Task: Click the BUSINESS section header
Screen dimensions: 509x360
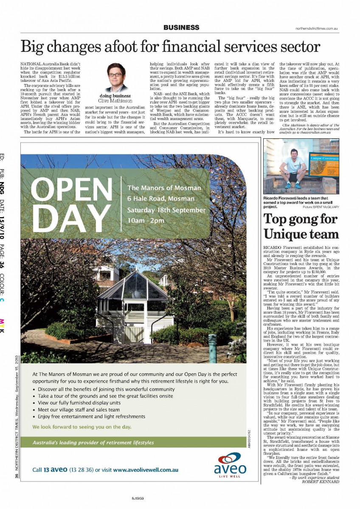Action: [x=181, y=28]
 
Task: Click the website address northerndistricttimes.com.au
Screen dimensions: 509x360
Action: [x=317, y=28]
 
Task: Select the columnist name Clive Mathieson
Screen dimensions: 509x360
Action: [x=115, y=101]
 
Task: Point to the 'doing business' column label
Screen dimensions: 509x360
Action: [x=115, y=96]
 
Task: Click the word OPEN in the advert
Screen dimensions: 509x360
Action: [x=71, y=191]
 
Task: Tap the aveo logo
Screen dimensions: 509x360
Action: [x=230, y=465]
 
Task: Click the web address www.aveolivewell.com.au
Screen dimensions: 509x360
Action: [x=146, y=470]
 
